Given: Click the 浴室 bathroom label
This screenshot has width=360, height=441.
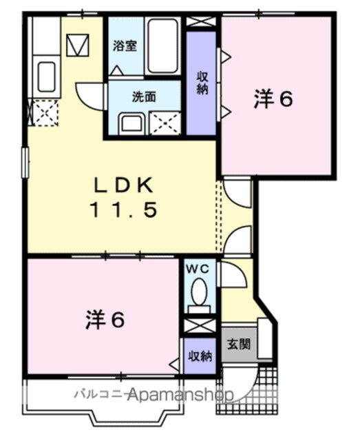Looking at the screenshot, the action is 125,46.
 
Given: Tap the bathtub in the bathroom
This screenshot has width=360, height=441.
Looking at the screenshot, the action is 162,46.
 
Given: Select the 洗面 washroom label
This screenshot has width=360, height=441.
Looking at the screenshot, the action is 144,97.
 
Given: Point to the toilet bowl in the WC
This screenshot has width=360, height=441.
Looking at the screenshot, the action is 199,292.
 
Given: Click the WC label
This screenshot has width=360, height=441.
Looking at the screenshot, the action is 198,269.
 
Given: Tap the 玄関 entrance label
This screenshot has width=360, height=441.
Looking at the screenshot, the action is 239,344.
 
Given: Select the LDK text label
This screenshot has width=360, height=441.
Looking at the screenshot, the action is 124,185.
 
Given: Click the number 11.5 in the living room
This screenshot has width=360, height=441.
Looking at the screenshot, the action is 124,210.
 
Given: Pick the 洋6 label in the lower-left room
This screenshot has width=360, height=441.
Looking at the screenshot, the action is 105,320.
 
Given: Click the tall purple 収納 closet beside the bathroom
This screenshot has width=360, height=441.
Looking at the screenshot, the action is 201,83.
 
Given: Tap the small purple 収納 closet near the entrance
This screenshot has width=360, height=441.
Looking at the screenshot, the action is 200,356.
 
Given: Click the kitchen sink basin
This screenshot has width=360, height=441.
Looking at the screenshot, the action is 46,76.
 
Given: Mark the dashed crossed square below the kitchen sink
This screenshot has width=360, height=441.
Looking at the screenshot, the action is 45,113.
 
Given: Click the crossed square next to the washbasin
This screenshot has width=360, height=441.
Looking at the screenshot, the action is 165,123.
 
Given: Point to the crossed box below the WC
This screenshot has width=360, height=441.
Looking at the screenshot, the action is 199,326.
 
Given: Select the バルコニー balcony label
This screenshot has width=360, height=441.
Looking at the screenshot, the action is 100,394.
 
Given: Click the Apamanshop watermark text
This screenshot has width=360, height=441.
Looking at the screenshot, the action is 180,395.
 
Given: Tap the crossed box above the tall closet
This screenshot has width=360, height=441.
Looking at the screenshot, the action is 201,21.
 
